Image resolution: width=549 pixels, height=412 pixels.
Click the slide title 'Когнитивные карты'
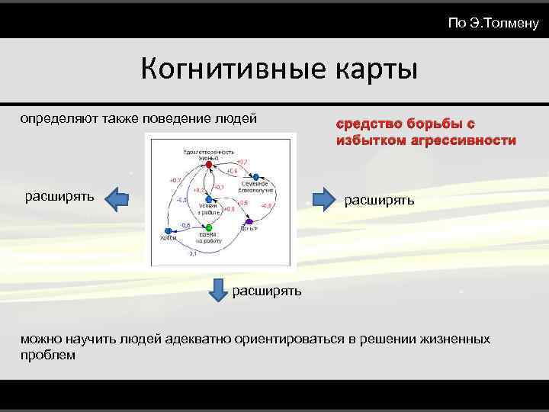[x=279, y=70]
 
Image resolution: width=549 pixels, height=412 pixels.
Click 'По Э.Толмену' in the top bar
[x=493, y=24]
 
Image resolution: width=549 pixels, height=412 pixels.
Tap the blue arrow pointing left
[x=115, y=199]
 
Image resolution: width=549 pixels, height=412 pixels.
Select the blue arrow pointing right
[x=325, y=199]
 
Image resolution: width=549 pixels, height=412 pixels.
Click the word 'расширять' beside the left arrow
[x=59, y=196]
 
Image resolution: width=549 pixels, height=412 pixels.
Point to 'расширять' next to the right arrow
[x=380, y=200]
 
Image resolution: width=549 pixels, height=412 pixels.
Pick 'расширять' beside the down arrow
[x=267, y=290]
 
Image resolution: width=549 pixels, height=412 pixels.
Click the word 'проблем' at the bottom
[x=48, y=355]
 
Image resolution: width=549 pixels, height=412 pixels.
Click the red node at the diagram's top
[x=207, y=164]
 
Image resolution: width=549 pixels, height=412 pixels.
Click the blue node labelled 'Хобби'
[x=167, y=231]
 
